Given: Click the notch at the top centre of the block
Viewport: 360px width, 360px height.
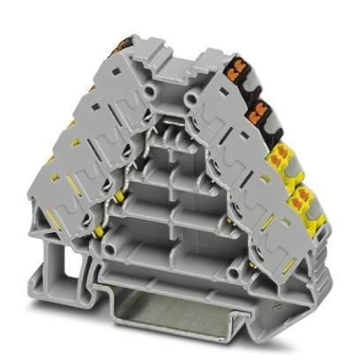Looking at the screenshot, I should (180, 55).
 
